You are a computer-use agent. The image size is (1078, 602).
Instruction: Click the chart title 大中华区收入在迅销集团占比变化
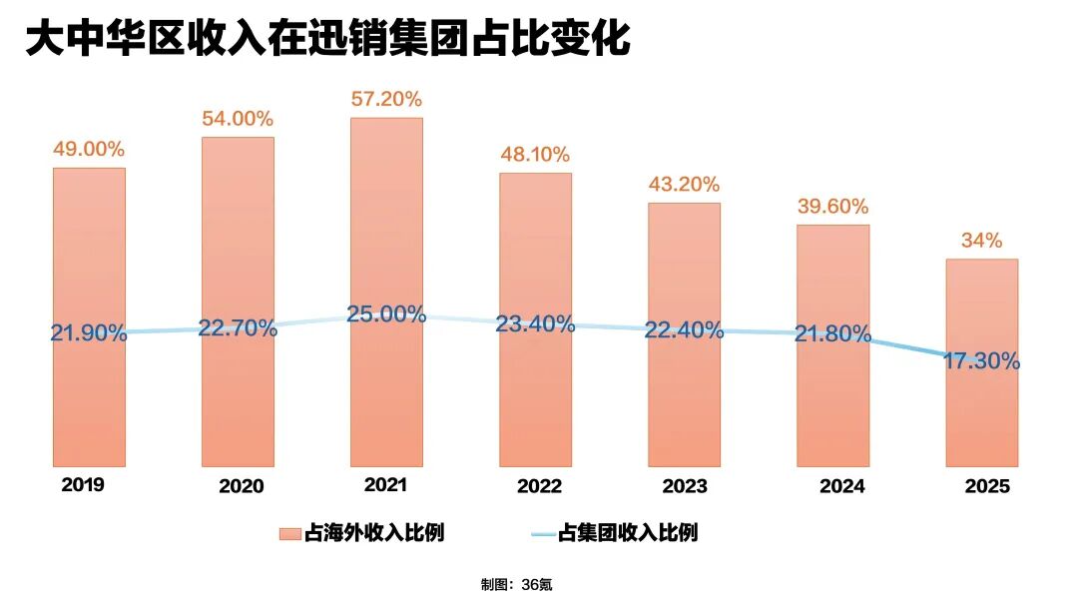coord(327,40)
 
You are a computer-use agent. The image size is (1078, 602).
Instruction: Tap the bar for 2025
coord(982,419)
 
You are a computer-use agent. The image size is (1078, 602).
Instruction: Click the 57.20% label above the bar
coord(386,99)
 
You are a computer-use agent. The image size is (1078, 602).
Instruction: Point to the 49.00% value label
coord(89,149)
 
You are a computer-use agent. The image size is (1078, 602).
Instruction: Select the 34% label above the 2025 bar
coord(982,241)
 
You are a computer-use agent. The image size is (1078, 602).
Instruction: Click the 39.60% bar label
coord(832,207)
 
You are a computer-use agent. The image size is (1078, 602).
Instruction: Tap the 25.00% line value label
coord(386,313)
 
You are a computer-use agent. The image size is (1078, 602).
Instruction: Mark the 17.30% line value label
coord(982,361)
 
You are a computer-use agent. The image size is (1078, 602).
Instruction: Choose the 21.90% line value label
coord(89,333)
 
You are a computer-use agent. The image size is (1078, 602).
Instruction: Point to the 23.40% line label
coord(535,323)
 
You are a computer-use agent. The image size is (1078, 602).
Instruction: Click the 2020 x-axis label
coord(242,486)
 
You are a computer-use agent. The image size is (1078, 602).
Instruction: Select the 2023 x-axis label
coord(685,486)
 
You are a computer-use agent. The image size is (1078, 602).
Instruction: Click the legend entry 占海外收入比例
coord(361,533)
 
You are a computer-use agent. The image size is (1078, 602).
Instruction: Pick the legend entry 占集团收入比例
coord(614,533)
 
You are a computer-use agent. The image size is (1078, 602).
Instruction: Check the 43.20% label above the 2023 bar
coord(684,185)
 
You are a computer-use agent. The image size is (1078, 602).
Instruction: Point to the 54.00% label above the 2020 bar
coord(238,119)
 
